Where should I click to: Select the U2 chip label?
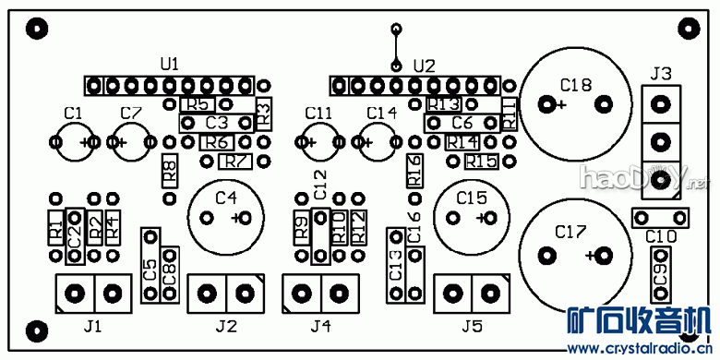(424, 66)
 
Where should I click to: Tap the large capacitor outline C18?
(574, 103)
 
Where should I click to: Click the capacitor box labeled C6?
(462, 123)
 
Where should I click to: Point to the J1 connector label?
(92, 326)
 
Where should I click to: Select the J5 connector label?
(471, 326)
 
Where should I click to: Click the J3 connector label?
(660, 73)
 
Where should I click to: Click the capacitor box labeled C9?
(660, 274)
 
